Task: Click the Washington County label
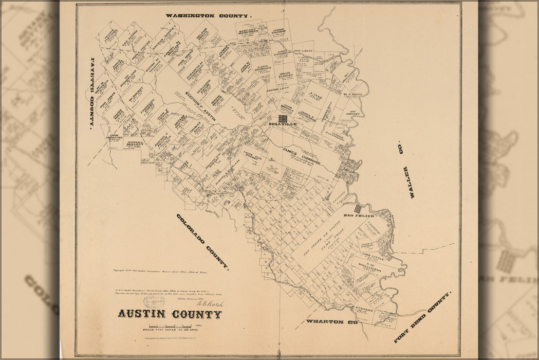pos(209,16)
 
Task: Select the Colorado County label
pos(202,241)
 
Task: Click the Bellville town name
pos(283,125)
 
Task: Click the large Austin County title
pos(170,314)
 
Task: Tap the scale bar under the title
pos(169,327)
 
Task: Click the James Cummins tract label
pos(302,154)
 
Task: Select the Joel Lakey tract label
pos(303,51)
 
